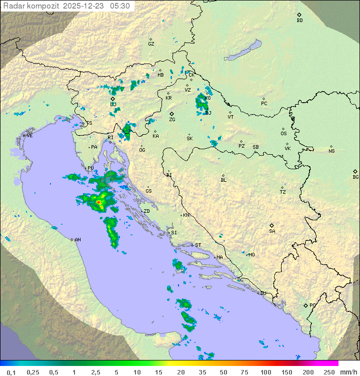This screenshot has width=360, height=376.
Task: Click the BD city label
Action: click(299, 21)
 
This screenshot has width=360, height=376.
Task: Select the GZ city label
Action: click(151, 44)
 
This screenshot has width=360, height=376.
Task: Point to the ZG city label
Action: click(172, 120)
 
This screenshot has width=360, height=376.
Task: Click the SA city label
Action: click(272, 231)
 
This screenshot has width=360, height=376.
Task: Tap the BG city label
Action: click(355, 177)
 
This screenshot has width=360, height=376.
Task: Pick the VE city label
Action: click(29, 136)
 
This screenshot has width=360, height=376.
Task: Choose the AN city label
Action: click(77, 240)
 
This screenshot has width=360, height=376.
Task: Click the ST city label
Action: click(198, 245)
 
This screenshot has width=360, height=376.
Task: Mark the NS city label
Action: click(331, 151)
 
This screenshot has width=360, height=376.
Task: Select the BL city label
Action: click(223, 180)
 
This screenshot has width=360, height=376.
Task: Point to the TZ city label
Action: click(283, 192)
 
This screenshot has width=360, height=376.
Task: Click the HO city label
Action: click(251, 254)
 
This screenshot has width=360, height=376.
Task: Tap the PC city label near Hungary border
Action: click(264, 103)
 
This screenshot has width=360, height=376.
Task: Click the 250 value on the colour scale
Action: click(328, 372)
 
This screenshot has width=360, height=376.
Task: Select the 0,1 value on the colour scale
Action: click(11, 372)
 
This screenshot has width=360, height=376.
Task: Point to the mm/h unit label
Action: click(347, 372)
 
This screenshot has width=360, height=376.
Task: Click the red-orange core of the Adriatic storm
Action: click(99, 203)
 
